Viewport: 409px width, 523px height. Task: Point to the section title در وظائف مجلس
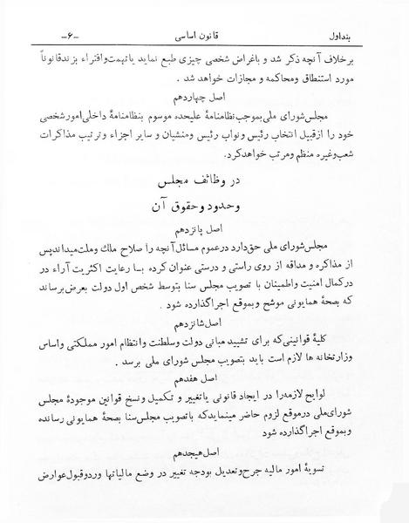pos(205,182)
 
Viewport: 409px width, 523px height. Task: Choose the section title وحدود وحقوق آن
pos(205,210)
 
